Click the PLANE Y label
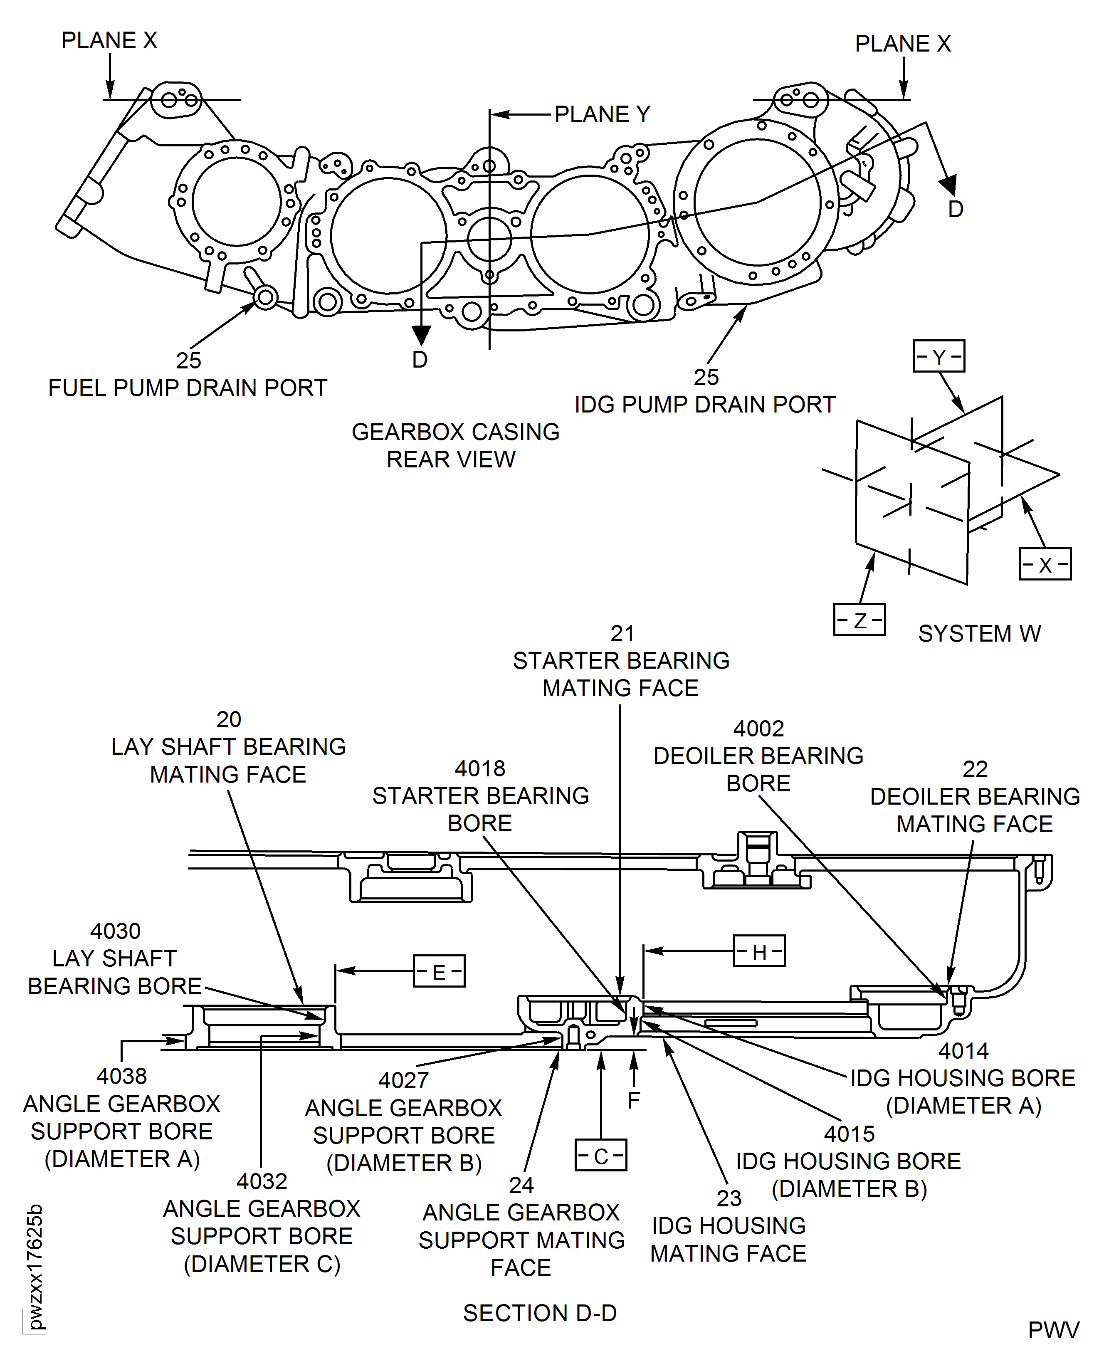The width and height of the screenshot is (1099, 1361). [x=602, y=115]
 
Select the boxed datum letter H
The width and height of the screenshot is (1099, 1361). [x=759, y=951]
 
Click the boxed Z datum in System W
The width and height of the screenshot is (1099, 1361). [x=859, y=620]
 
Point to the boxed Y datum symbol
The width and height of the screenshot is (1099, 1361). [x=939, y=356]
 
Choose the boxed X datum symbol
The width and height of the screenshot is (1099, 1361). [x=1045, y=565]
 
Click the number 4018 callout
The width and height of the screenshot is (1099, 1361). [x=480, y=768]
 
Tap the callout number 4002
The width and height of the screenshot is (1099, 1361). [x=758, y=729]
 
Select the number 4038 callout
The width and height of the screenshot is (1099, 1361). [x=121, y=1076]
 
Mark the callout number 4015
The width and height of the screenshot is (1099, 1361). [x=849, y=1134]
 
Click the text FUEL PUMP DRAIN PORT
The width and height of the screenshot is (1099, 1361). [x=188, y=388]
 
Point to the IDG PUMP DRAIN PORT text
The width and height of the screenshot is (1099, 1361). [x=705, y=405]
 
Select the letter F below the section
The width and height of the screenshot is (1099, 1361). [x=634, y=1101]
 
